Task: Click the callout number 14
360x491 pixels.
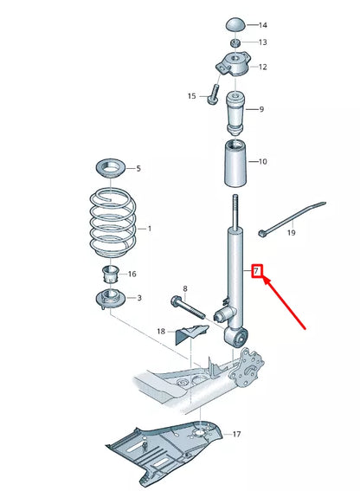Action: (x=263, y=25)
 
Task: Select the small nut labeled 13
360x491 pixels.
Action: (x=235, y=42)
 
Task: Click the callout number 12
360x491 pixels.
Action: (x=262, y=67)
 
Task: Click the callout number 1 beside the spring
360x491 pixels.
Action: (x=149, y=229)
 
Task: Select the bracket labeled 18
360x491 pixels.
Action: (x=193, y=332)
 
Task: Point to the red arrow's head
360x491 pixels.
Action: (x=263, y=281)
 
